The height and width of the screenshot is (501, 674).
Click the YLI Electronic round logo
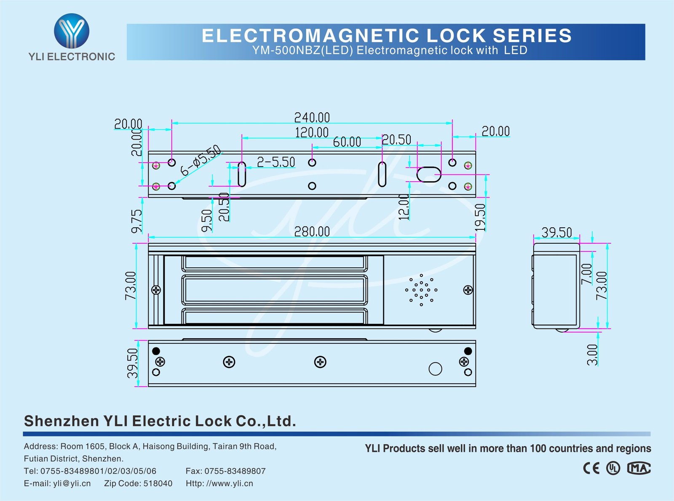pos(72,30)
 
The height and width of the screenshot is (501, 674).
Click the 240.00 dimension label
pos(312,117)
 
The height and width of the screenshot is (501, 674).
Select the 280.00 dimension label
pos(312,232)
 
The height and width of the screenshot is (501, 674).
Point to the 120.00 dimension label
pos(311,132)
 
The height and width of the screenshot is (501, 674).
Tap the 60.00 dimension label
pos(347,142)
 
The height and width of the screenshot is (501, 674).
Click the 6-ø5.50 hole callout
pos(201,160)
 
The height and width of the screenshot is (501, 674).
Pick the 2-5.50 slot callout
pos(276,162)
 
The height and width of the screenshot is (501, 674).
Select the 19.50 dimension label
pos(480,217)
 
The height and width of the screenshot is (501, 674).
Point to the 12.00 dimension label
pos(404,207)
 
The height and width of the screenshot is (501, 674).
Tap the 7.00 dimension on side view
pos(586,274)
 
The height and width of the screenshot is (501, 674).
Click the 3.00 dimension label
pos(592,355)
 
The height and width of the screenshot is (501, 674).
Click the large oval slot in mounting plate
pos(428,174)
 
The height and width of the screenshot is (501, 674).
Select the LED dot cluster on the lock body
pos(421,290)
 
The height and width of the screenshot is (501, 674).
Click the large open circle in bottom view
pos(435,369)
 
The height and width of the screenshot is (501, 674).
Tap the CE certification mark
pos(591,468)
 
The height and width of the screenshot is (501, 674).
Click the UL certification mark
pos(613,468)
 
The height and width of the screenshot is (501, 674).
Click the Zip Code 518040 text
pos(138,483)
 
